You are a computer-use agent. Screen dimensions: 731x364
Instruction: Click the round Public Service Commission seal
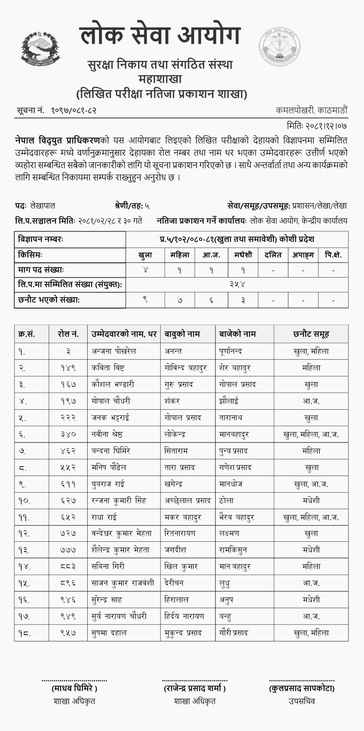click(x=280, y=48)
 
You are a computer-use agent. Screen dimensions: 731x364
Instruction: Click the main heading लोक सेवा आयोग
click(x=161, y=36)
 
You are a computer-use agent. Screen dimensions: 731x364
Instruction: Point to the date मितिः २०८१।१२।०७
click(x=317, y=126)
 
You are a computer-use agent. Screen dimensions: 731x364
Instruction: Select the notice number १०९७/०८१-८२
click(x=74, y=111)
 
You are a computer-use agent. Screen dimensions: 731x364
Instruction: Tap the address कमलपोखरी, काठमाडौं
click(x=312, y=110)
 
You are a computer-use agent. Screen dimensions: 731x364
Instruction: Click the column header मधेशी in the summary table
click(x=243, y=255)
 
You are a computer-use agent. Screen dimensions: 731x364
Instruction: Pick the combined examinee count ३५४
click(x=237, y=284)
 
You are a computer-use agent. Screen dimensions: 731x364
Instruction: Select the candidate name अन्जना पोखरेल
click(x=114, y=351)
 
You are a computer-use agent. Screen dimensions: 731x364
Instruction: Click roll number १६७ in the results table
click(x=68, y=384)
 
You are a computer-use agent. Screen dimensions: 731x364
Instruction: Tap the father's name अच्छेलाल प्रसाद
click(x=188, y=501)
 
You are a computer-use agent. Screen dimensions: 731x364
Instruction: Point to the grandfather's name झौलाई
click(x=229, y=401)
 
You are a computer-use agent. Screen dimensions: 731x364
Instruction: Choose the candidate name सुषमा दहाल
click(x=109, y=633)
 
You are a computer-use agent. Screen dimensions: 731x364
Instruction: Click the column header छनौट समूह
click(x=311, y=334)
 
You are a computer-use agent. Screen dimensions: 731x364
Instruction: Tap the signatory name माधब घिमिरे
click(x=74, y=688)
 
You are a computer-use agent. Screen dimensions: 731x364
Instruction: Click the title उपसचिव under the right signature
click(x=302, y=701)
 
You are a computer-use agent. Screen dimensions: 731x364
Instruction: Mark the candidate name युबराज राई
click(x=108, y=484)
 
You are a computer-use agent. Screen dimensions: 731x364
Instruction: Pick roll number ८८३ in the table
click(x=68, y=567)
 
